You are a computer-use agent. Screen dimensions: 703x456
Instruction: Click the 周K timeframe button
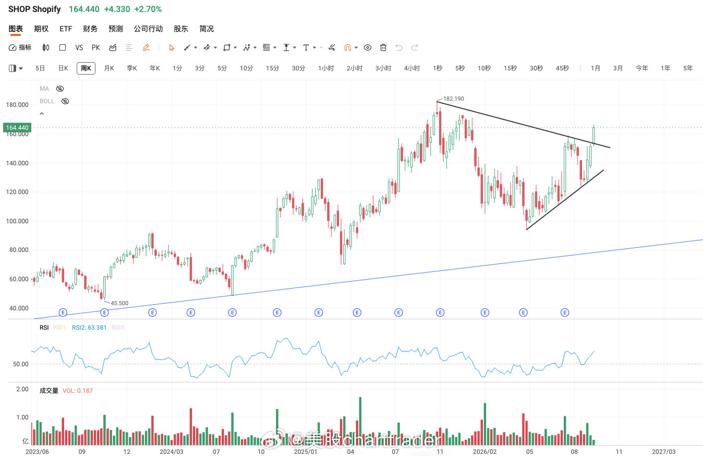(86, 68)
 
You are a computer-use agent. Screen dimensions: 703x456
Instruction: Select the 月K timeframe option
(109, 68)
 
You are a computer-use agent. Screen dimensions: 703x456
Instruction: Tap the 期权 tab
(41, 29)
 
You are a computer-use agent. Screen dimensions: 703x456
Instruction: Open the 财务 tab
(90, 29)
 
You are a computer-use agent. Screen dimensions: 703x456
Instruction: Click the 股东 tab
(181, 29)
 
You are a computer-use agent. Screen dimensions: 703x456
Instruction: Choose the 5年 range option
(688, 68)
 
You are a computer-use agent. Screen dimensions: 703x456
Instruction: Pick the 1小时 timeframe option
(326, 68)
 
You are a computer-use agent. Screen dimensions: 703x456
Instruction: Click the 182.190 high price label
(454, 99)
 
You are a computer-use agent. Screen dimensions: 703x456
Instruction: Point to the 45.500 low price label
(119, 303)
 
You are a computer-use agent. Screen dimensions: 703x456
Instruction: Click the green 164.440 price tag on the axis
(17, 127)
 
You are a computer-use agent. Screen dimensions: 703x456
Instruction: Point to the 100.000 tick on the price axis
(17, 221)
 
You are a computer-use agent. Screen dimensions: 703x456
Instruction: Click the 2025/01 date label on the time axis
(306, 452)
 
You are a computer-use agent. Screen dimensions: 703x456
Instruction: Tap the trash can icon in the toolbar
(383, 47)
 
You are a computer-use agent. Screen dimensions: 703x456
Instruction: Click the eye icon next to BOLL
(65, 101)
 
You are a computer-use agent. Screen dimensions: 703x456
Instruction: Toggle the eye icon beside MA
(60, 89)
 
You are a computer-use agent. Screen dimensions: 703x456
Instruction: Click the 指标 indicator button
(20, 47)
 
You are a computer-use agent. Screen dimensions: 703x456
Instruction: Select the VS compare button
(79, 47)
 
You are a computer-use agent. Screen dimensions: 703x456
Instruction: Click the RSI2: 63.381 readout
(89, 328)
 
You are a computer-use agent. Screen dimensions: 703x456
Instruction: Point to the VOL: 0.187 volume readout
(78, 391)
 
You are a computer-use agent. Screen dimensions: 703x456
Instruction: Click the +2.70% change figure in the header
(148, 9)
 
